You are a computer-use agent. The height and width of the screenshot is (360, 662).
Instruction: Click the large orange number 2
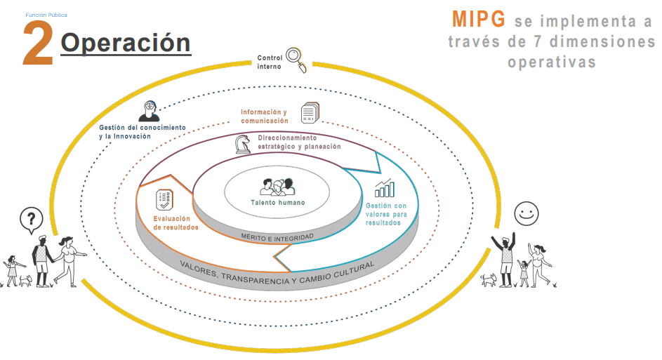point(38,44)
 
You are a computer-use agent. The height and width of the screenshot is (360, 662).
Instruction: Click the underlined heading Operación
point(126,43)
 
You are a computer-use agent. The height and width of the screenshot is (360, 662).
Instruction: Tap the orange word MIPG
point(477,19)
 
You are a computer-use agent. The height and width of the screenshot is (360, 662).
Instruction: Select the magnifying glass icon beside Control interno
point(296,60)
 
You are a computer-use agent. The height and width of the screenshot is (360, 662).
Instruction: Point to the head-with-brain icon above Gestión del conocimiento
point(149,110)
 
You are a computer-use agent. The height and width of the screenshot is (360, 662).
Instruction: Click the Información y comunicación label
point(264,116)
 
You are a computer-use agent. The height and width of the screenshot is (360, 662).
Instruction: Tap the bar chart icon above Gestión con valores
point(384,188)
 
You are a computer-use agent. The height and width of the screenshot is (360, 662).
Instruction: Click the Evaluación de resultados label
point(176,222)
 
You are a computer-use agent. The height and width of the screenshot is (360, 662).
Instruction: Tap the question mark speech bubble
point(29,221)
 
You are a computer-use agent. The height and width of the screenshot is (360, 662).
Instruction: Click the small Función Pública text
point(46,14)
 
